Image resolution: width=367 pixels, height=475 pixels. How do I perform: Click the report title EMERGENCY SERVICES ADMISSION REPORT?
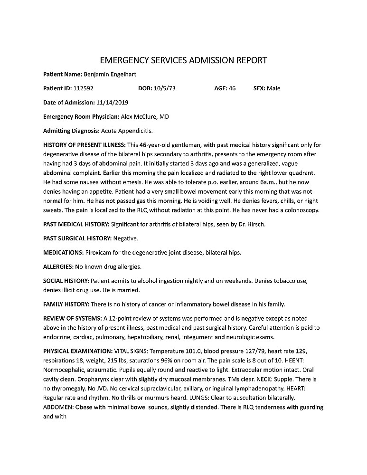(183, 60)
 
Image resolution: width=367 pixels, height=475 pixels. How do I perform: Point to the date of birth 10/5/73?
(165, 88)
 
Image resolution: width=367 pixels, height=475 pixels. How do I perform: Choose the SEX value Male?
(273, 88)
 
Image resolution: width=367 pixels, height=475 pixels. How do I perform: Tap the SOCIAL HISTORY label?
(66, 281)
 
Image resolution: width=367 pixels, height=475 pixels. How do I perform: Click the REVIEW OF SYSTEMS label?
(72, 318)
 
